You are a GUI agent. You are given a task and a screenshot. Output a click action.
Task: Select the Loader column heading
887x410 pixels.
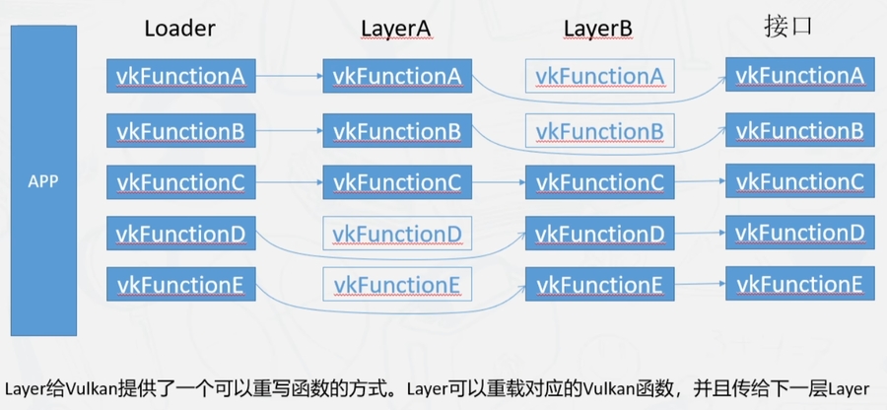point(179,29)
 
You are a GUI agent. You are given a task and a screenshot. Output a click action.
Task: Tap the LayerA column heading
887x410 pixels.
point(395,29)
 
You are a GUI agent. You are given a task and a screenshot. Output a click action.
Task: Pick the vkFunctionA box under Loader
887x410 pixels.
point(181,76)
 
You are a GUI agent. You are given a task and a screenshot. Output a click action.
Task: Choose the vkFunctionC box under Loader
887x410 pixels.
point(181,181)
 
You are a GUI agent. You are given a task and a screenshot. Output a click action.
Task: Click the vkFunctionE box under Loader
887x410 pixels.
point(181,285)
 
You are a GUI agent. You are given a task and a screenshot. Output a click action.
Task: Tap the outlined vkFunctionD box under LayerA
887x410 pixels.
point(396,234)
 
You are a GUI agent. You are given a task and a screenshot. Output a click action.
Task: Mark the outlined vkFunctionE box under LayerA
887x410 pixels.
point(396,285)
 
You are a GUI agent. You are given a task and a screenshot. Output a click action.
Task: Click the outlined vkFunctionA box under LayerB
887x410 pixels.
point(599,76)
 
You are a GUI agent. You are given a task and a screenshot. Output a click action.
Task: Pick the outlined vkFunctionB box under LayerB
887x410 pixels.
point(599,130)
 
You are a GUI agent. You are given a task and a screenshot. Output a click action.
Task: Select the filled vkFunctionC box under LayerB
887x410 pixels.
point(599,182)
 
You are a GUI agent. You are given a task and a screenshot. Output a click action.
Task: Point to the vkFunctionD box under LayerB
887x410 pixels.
point(599,234)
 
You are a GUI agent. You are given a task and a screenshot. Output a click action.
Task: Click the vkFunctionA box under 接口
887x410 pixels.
point(798,75)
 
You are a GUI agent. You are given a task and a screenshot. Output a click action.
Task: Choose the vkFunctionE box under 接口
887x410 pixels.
point(798,284)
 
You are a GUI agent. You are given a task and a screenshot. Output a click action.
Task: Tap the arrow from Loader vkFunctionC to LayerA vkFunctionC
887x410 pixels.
point(290,181)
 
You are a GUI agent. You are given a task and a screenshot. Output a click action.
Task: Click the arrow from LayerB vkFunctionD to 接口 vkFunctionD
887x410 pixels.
point(700,234)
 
